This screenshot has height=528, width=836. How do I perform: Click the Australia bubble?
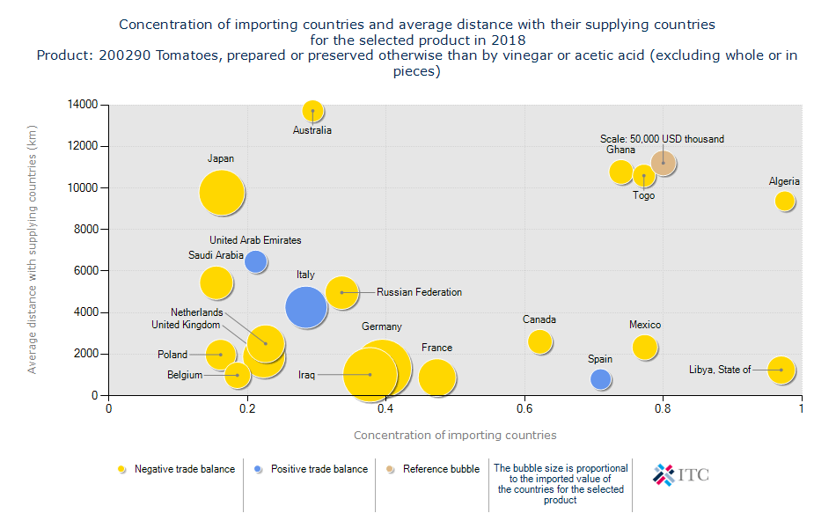coord(313,111)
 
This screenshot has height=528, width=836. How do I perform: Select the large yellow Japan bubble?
coord(222,193)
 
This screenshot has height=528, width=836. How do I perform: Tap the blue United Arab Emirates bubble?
coord(255,260)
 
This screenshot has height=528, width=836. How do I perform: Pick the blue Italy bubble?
coord(305,307)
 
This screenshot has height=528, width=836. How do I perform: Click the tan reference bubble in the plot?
coord(664,163)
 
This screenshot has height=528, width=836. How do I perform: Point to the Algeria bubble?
coord(785,201)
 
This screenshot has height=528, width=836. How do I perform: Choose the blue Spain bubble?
coord(601,379)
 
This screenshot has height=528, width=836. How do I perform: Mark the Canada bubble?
coord(540,341)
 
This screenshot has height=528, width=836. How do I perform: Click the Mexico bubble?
coord(645,347)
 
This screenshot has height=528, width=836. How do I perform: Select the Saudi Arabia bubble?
coord(216,282)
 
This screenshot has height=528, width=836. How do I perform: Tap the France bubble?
coord(436,378)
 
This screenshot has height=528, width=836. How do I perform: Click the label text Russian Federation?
coord(419,292)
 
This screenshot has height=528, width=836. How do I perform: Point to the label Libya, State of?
coord(720,370)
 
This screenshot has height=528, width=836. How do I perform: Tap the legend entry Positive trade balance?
coord(318,469)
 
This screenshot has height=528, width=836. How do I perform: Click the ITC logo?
coord(681,475)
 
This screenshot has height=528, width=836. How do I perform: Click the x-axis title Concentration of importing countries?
coord(455,435)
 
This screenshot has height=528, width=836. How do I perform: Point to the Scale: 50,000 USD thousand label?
coord(662,139)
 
